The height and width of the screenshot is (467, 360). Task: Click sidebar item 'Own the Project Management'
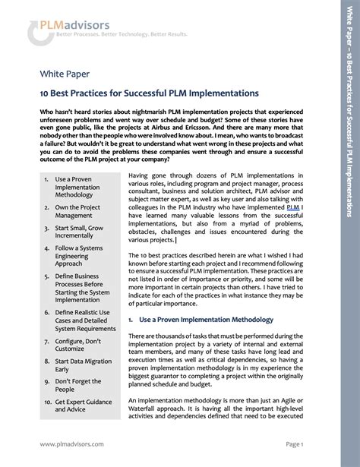pos(77,211)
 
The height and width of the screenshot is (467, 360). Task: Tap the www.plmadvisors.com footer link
pos(72,443)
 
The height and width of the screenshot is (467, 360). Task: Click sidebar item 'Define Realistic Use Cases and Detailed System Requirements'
pos(85,320)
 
